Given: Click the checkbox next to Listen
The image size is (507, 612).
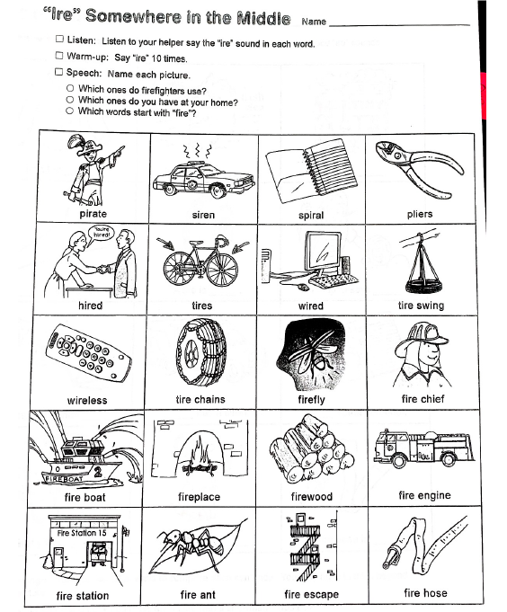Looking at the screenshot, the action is pos(59,39).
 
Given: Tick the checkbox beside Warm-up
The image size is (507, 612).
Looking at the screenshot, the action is pos(59,56).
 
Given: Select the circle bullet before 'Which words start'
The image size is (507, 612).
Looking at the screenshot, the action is pos(70,111).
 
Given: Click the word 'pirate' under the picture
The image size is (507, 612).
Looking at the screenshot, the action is pos(93,214).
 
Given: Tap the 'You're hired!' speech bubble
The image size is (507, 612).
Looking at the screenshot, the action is pos(101,233).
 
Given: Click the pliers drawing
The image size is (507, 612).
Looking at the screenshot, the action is pos(420,169).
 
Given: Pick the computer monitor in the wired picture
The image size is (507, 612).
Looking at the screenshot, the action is pos(323,251).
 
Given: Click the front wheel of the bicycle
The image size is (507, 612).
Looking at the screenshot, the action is pos(222,270).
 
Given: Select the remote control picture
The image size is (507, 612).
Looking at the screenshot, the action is pos(88,353).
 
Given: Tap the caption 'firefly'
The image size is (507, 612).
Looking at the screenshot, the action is pos(311,400).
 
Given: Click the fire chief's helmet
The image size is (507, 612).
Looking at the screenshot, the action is pos(421,338).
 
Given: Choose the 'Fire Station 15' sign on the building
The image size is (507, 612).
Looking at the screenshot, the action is pos(82,533).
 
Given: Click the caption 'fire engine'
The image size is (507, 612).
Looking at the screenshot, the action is pos(424,495).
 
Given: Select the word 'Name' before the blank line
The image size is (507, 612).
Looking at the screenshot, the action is pos(314,22).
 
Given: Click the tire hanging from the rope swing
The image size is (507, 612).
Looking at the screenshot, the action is pos(424,287).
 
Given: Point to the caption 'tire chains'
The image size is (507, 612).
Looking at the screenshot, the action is pos(200,399).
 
